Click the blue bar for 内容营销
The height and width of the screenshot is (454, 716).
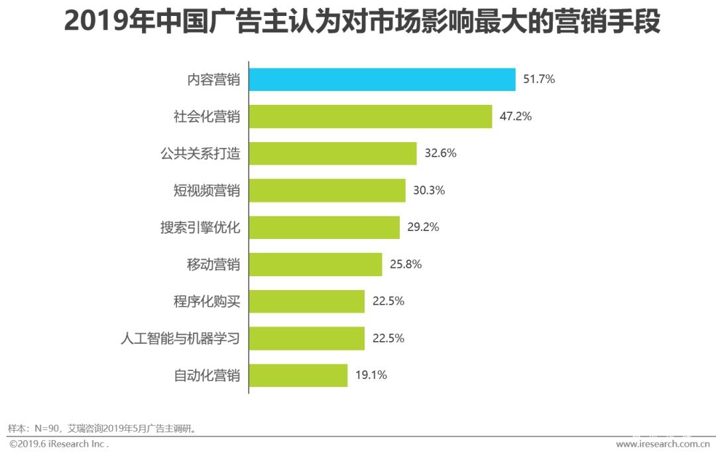click(382, 80)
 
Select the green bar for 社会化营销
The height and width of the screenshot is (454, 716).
click(370, 116)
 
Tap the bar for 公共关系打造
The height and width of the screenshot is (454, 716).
click(332, 153)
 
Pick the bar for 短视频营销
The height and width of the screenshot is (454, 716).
click(327, 190)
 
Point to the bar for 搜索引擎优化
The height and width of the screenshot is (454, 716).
click(324, 227)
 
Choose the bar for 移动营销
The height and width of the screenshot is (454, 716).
click(315, 264)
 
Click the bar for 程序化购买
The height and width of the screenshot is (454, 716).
click(306, 301)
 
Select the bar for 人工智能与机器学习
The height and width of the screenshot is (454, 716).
click(306, 338)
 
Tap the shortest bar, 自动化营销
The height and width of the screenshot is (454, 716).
click(298, 375)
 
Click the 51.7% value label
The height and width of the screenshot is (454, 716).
click(539, 80)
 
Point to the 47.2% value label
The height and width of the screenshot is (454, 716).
click(516, 116)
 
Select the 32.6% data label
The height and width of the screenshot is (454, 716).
click(440, 153)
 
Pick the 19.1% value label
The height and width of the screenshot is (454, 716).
click(371, 375)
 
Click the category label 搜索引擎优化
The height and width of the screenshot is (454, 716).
click(200, 228)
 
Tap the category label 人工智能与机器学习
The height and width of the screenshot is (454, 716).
click(180, 339)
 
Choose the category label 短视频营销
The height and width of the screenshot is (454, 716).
click(206, 190)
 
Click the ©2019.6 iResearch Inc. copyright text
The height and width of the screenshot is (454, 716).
click(58, 443)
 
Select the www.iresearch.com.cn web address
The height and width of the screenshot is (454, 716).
click(663, 443)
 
